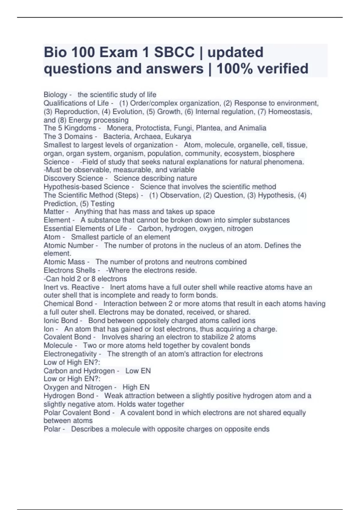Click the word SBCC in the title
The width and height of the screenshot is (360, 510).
click(x=174, y=52)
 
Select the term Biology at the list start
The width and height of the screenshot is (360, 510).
click(x=55, y=95)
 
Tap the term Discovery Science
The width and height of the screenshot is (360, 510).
click(x=73, y=178)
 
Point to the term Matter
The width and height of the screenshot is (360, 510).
click(x=54, y=212)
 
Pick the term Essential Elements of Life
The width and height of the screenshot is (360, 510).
click(x=85, y=229)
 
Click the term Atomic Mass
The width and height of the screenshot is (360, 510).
click(x=64, y=262)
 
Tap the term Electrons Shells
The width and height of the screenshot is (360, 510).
click(x=70, y=270)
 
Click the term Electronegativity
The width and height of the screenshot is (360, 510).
click(x=70, y=354)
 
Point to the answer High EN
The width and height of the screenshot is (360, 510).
click(x=136, y=387)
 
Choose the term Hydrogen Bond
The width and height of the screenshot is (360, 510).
click(x=69, y=396)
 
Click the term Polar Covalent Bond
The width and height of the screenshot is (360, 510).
click(x=77, y=413)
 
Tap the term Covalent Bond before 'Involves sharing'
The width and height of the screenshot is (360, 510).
click(x=67, y=337)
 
